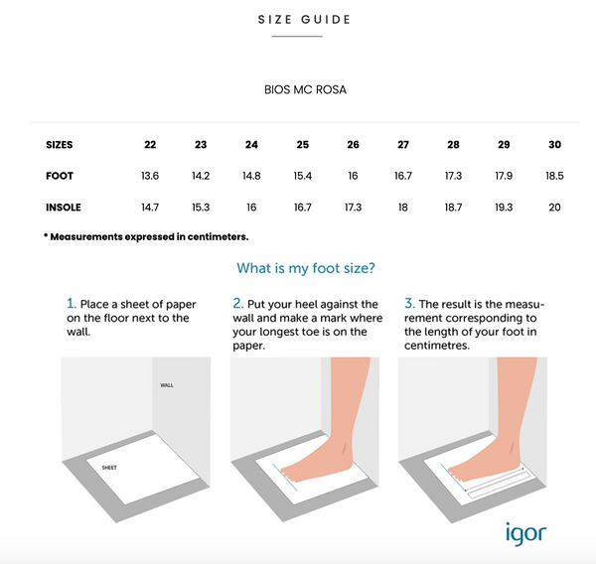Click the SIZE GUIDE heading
tap(304, 20)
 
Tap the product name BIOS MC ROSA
tap(305, 89)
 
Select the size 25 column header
tap(303, 144)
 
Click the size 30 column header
tap(554, 144)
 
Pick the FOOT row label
tap(60, 176)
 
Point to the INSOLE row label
tap(64, 208)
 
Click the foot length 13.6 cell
tap(150, 176)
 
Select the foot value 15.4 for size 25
tap(303, 176)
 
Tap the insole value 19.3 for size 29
tap(504, 208)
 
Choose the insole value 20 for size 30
tap(554, 208)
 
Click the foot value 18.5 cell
tap(554, 176)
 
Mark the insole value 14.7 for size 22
tap(150, 208)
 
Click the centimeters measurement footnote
tap(146, 236)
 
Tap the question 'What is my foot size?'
tap(306, 268)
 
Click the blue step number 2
tap(237, 303)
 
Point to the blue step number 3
tap(409, 303)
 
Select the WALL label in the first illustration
tap(167, 385)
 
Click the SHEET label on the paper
tap(109, 468)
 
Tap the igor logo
tap(525, 533)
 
